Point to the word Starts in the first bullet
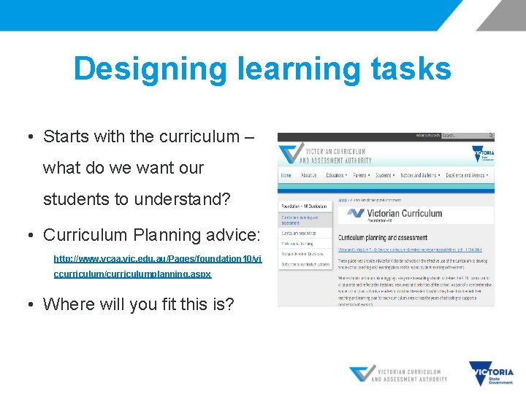67,136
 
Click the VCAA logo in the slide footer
398,374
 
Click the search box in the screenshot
465,136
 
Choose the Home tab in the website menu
286,175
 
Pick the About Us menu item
309,175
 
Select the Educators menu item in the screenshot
337,175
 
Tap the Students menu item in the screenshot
384,175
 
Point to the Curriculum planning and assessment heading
382,238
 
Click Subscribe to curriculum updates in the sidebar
305,264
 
